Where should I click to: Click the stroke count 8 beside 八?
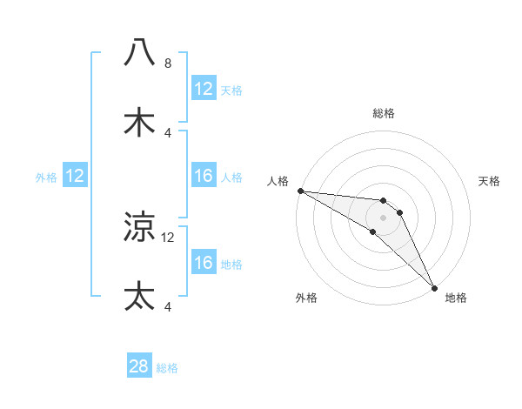pos(168,64)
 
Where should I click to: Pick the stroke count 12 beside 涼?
pos(169,237)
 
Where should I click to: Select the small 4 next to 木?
pos(168,133)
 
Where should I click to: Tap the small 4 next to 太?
pos(168,306)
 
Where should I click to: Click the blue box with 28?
pos(139,366)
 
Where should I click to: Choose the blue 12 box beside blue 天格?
pos(203,89)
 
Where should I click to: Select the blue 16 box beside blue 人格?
pos(203,176)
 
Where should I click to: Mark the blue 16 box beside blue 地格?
pos(203,263)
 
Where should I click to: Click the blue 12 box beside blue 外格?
pos(75,176)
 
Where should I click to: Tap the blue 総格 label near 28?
pos(167,368)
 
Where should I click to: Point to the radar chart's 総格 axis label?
pos(383,113)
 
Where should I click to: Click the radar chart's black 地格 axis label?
pos(456,298)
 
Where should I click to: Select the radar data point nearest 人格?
pos(300,191)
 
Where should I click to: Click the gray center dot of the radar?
pos(383,217)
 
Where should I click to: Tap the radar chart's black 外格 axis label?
pos(306,298)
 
